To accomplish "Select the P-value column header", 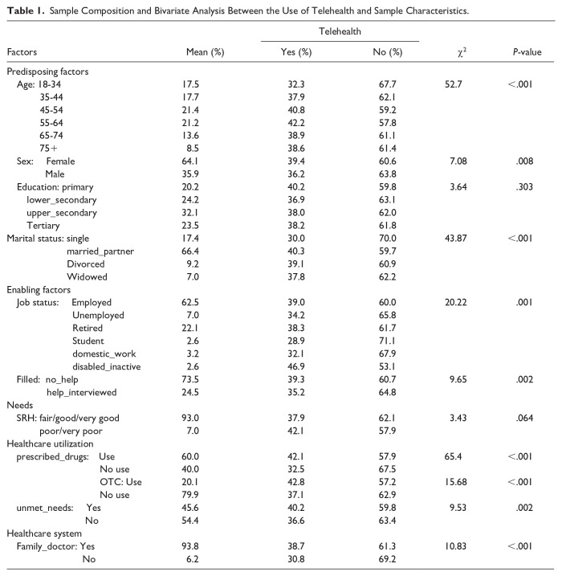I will [x=527, y=52].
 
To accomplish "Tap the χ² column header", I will [x=462, y=52].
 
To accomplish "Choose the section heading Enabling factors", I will [x=39, y=289].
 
